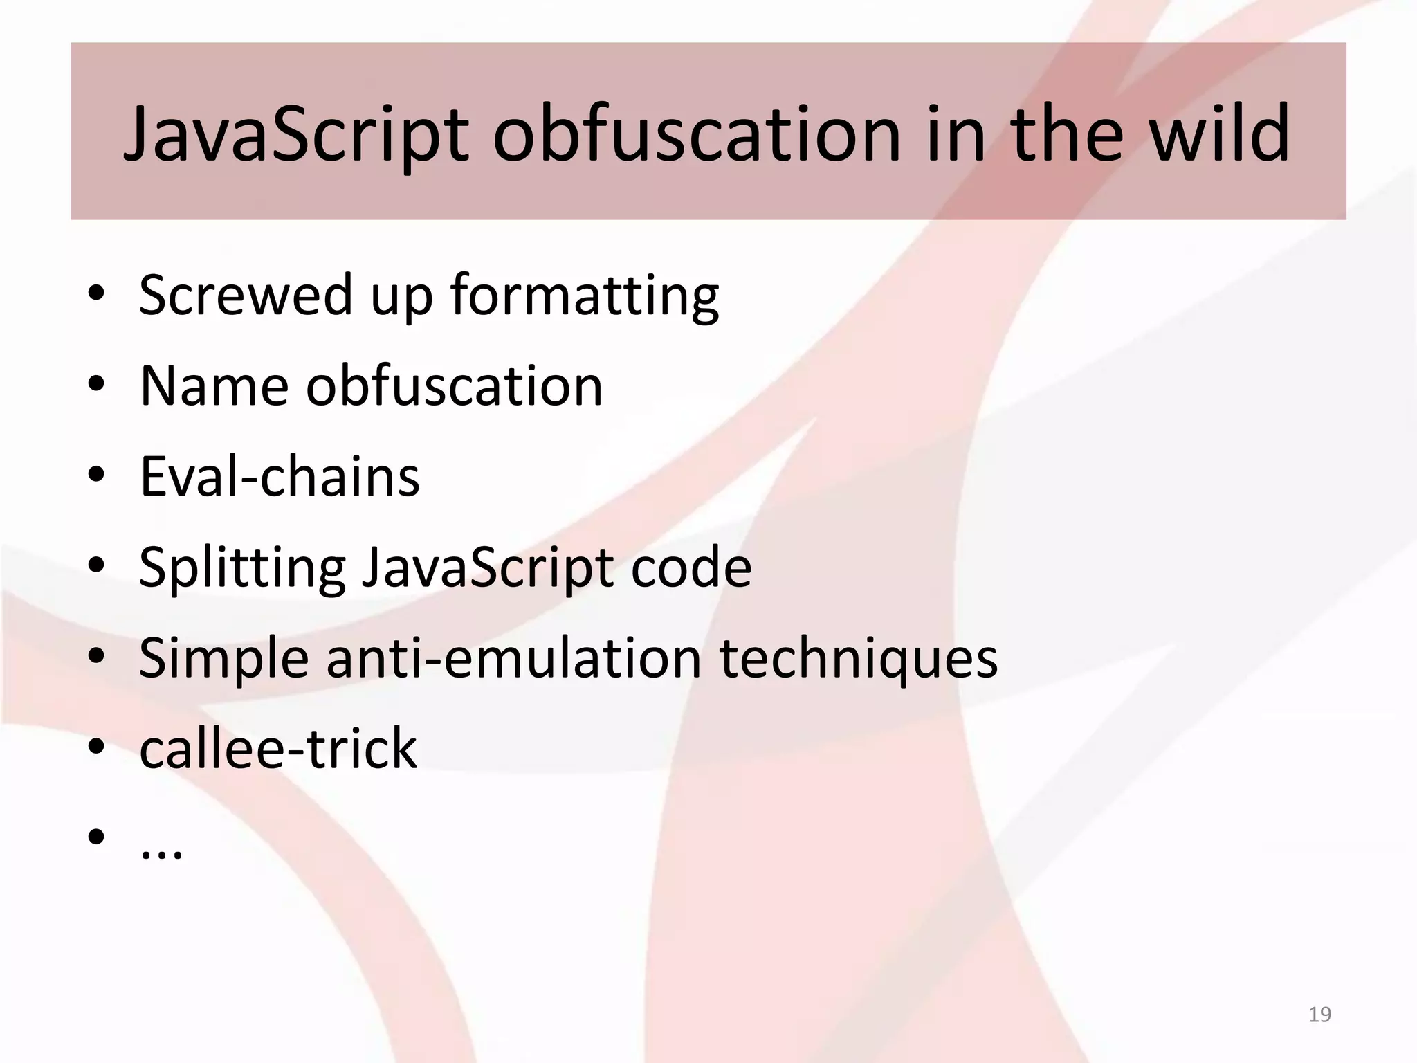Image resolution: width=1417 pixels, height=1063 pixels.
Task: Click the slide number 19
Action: coord(1319,1015)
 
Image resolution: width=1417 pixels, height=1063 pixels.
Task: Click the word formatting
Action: coord(585,296)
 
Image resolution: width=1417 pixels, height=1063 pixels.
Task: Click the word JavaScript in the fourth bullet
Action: coord(488,567)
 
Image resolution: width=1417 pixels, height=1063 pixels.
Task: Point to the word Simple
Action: coord(223,658)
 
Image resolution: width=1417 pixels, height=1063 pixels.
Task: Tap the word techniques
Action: coord(859,658)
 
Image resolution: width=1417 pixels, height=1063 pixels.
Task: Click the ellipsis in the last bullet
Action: coord(161,851)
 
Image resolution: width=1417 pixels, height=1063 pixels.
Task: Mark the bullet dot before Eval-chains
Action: coord(96,476)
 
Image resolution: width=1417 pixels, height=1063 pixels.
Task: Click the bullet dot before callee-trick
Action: coord(96,748)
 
